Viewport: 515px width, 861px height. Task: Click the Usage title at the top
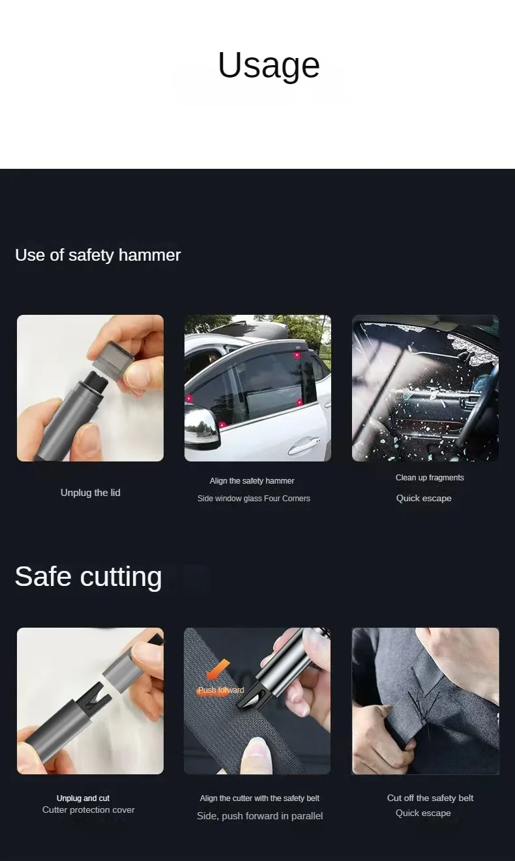coord(269,65)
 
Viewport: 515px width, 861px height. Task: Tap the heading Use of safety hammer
coord(98,255)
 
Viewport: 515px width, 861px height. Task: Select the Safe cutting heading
coord(88,577)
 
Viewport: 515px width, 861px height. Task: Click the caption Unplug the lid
coord(91,493)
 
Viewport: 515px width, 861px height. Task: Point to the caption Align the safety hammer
coord(252,481)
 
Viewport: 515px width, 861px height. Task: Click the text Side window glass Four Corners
coord(254,499)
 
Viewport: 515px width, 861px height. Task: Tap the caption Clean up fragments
coord(430,477)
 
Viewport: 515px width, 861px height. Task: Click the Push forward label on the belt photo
coord(220,690)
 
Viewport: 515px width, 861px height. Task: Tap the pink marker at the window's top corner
coord(297,355)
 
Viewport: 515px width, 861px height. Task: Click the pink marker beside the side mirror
coord(222,425)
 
